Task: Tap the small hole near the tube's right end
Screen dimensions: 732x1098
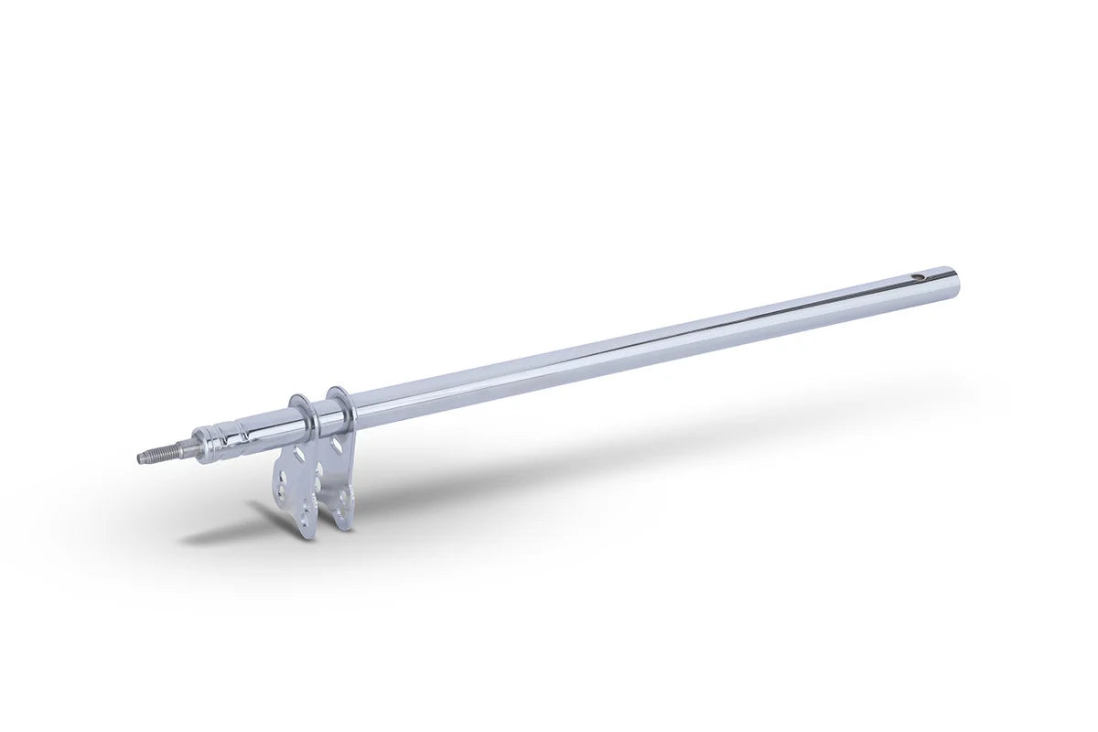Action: (x=919, y=277)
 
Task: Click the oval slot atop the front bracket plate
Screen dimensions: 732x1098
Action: (x=299, y=454)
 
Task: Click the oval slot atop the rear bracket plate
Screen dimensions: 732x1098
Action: (x=336, y=445)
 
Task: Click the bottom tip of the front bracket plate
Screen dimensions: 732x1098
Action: (x=309, y=535)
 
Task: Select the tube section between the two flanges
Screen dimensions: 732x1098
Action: (x=327, y=421)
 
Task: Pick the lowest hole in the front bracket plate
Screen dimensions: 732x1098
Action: (x=304, y=523)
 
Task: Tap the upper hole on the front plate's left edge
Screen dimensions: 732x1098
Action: (x=283, y=478)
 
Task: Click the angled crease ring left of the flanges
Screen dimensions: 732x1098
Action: (x=243, y=432)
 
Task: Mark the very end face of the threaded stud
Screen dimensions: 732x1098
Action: (x=140, y=458)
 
